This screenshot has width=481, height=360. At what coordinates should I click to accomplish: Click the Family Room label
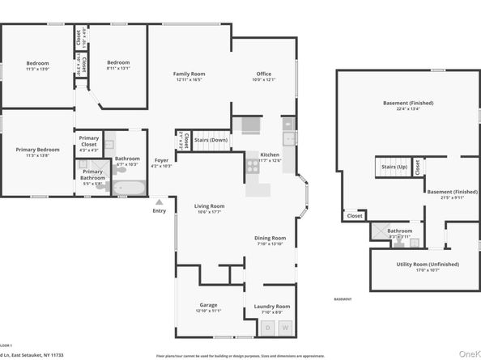click(x=189, y=74)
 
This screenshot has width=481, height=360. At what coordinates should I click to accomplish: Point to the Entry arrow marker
click(x=160, y=202)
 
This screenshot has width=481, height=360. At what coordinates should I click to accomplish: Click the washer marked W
click(x=284, y=328)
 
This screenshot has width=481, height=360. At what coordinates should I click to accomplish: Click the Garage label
click(x=208, y=305)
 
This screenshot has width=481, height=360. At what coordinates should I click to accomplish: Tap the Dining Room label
click(x=270, y=238)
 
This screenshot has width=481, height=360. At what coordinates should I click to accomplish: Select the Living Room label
click(x=209, y=206)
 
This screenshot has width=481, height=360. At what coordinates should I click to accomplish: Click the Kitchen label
click(x=270, y=155)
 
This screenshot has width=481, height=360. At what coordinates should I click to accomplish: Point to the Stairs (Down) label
click(x=211, y=139)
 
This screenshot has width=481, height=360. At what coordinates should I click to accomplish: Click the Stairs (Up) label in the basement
click(x=394, y=167)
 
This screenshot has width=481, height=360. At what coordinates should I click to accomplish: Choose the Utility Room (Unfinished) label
click(x=427, y=265)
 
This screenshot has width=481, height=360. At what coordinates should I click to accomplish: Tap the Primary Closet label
click(x=89, y=142)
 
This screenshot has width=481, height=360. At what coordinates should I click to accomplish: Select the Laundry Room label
click(x=271, y=307)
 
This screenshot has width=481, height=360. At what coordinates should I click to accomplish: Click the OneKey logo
click(x=469, y=354)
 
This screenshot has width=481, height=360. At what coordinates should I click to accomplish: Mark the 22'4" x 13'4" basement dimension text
click(x=408, y=109)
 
